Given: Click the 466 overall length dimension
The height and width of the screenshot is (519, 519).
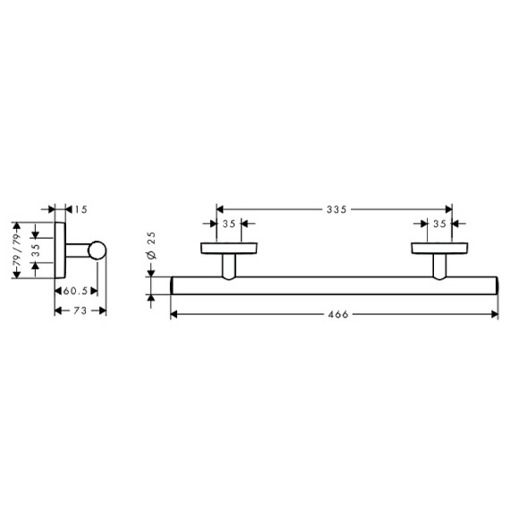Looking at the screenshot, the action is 338,314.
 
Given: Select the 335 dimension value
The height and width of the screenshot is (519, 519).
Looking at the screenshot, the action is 336,209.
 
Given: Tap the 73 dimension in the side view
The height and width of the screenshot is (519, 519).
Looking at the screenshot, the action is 80,311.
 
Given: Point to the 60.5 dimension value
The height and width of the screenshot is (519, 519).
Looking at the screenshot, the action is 75,291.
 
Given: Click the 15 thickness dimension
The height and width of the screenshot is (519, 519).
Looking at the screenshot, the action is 81,209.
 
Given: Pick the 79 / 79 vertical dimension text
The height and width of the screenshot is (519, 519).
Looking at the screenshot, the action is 16,250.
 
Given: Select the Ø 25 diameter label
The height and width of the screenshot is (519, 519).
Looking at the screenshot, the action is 151,245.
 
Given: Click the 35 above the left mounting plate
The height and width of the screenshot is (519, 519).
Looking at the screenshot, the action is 229,224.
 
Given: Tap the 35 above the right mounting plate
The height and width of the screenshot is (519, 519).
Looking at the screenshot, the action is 439,224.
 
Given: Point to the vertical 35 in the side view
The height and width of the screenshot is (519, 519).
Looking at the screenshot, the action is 36,251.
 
